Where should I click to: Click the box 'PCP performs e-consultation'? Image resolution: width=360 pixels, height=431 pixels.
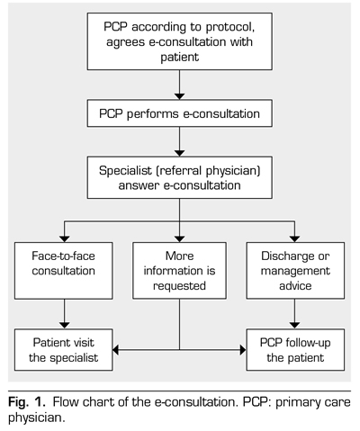tap(180, 113)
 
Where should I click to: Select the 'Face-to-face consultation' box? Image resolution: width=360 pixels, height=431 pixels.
tap(64, 271)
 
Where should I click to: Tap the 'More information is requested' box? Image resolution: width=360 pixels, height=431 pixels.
tap(179, 271)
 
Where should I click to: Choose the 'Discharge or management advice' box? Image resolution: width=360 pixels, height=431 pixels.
tap(295, 271)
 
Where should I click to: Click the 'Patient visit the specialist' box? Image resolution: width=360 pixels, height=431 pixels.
tap(64, 350)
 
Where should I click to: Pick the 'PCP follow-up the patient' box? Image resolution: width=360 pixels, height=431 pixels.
tap(295, 350)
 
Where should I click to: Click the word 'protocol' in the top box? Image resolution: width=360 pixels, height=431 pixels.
tap(230, 28)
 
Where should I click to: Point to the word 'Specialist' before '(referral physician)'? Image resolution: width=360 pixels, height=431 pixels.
tap(125, 170)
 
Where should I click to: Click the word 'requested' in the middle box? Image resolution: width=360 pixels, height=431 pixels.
tap(179, 286)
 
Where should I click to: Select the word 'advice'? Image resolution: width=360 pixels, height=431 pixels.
tap(295, 285)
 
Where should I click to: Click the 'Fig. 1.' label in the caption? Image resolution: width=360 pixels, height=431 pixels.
tap(27, 401)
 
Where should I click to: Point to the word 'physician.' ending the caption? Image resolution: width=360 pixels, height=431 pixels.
tap(37, 418)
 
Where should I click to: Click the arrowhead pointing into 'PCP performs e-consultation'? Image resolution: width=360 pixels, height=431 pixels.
tap(180, 96)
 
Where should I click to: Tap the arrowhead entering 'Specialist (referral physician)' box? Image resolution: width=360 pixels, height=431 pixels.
tap(180, 153)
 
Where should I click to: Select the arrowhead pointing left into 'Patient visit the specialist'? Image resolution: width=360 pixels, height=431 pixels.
tap(116, 350)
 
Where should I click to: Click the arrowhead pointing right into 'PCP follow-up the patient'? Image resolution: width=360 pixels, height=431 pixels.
tap(243, 350)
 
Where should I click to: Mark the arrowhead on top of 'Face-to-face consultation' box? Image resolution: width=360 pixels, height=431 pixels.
tap(64, 239)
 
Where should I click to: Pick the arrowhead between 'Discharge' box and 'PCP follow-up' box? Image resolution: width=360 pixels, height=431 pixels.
tap(295, 326)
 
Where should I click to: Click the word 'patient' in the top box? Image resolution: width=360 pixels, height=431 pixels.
tap(180, 58)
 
